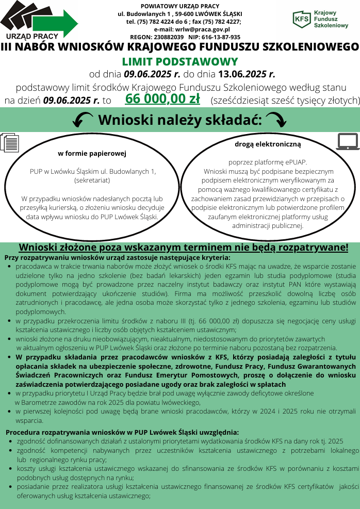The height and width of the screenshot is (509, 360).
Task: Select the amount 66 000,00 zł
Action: (x=162, y=98)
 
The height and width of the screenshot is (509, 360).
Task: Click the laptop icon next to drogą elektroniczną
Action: (x=347, y=141)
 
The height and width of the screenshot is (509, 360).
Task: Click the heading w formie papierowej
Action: (x=92, y=153)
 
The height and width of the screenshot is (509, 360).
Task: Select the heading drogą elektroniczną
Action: (x=268, y=144)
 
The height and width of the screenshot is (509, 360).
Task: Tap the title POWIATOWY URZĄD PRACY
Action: (x=179, y=6)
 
